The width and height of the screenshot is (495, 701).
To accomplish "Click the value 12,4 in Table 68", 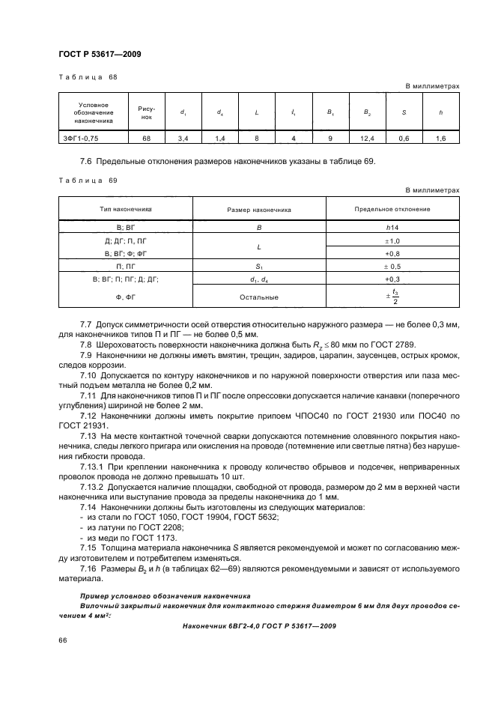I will point(368,138).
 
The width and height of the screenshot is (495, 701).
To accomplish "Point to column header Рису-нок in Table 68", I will point(147,112).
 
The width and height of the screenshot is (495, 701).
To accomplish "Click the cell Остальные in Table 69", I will point(259,297).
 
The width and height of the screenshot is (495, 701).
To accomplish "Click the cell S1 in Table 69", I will point(259,265).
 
